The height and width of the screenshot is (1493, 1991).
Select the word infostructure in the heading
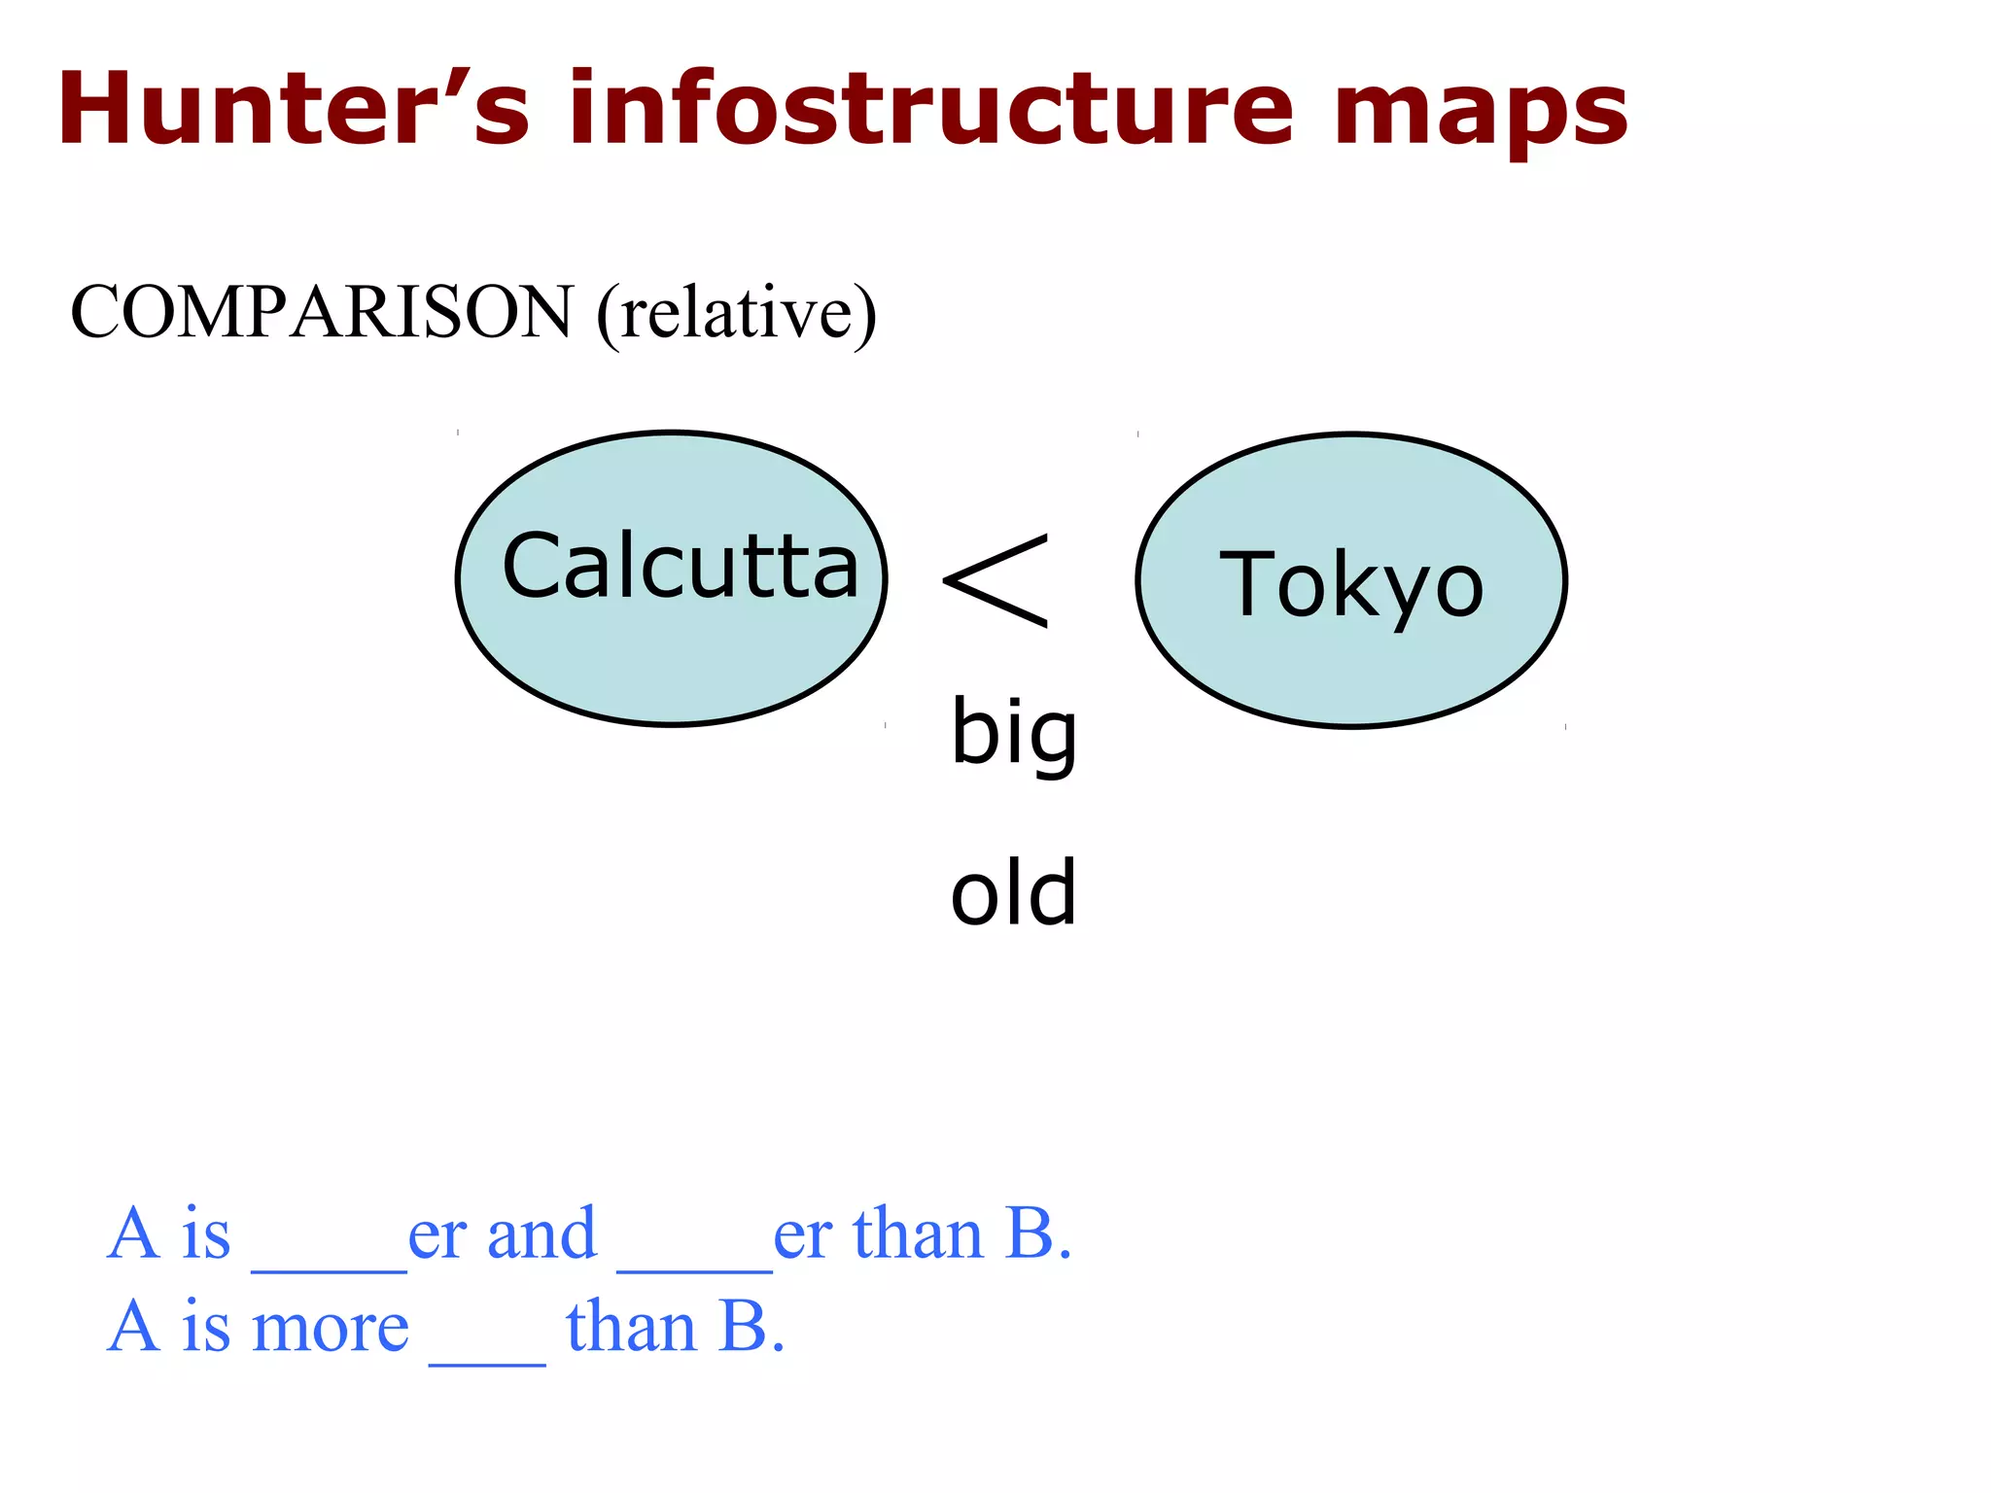pyautogui.click(x=931, y=109)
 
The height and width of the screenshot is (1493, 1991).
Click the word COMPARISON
pyautogui.click(x=322, y=312)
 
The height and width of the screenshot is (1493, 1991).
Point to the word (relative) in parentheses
pyautogui.click(x=737, y=312)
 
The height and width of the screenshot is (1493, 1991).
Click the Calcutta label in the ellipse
pyautogui.click(x=681, y=567)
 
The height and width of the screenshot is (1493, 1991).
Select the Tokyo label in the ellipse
pyautogui.click(x=1351, y=585)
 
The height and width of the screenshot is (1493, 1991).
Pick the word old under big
pyautogui.click(x=1014, y=893)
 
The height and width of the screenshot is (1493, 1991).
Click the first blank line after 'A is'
pyautogui.click(x=329, y=1264)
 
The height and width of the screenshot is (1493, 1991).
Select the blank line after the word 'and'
pyautogui.click(x=694, y=1264)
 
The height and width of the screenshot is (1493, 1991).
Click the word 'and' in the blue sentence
pyautogui.click(x=541, y=1234)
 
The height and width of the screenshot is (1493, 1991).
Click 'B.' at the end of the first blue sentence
pyautogui.click(x=1039, y=1234)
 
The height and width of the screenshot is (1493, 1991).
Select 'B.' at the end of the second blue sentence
pyautogui.click(x=751, y=1327)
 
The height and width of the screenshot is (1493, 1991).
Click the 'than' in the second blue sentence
pyautogui.click(x=631, y=1327)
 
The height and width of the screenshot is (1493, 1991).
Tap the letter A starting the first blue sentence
pyautogui.click(x=133, y=1234)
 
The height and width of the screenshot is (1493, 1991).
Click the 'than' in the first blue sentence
pyautogui.click(x=918, y=1234)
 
